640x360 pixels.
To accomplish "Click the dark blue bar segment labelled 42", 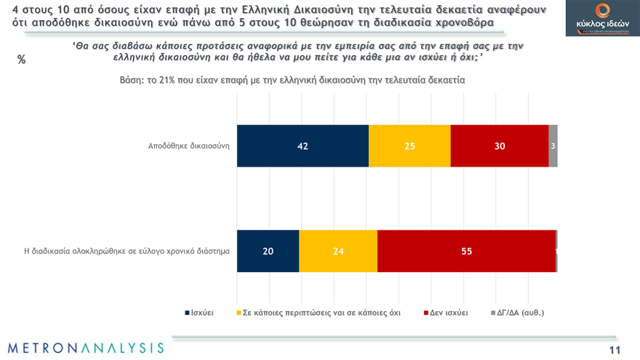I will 303,146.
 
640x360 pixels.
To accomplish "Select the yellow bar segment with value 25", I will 409,146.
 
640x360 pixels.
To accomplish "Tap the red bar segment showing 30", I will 499,146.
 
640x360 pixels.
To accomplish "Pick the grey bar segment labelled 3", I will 553,146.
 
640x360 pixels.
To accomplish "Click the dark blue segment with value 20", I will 268,252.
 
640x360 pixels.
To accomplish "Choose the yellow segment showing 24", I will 338,252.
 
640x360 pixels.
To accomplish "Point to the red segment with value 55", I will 466,252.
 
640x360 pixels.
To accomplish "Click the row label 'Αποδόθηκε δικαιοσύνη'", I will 188,145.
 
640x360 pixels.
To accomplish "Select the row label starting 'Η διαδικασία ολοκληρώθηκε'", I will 127,252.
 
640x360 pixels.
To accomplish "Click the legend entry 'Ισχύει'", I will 201,313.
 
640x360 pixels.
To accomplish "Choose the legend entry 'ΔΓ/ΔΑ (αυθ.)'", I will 519,313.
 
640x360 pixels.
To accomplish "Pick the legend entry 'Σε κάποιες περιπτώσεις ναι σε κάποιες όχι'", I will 321,313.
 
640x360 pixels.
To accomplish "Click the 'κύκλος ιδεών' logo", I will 602,18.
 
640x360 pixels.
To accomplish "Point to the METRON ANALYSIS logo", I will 86,348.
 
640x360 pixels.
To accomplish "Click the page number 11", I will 615,351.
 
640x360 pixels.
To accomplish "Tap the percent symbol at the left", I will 21,60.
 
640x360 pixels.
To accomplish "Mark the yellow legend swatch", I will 239,313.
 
